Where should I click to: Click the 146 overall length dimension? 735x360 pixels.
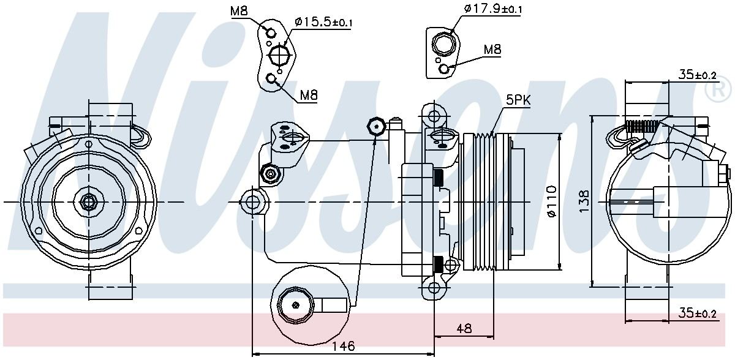coord(344,346)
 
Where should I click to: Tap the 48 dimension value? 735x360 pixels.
coord(464,328)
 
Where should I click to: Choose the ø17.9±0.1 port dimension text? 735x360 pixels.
coord(493,8)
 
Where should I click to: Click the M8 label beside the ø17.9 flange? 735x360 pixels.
coord(492,49)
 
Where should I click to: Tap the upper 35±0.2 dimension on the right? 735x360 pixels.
coord(698,75)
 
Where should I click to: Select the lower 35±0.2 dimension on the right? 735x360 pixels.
coord(698,314)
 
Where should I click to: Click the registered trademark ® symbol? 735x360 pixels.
coord(718,91)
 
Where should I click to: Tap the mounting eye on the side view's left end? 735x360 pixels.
coord(252,201)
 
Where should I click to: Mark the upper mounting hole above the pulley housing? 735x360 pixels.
coord(434,115)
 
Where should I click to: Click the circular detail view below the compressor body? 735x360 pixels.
coord(296,304)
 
